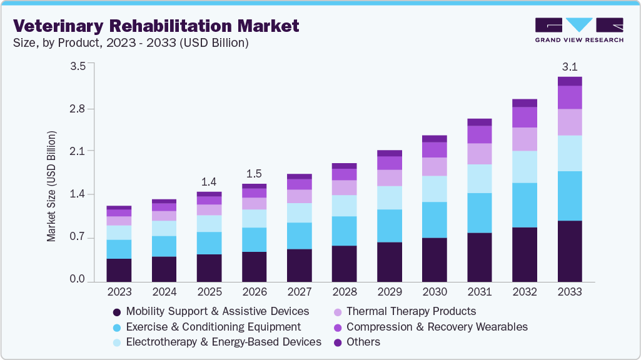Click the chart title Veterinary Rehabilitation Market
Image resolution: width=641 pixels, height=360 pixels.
click(x=156, y=26)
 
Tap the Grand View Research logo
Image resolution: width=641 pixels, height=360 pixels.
click(x=578, y=30)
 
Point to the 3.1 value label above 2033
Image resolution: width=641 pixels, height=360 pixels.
click(x=570, y=67)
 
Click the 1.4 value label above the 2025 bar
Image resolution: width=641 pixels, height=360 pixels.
click(x=209, y=182)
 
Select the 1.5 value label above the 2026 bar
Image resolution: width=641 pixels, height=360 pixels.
click(x=254, y=174)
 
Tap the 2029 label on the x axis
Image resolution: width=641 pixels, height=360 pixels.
click(x=390, y=292)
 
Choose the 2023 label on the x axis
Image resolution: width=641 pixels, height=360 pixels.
click(x=119, y=292)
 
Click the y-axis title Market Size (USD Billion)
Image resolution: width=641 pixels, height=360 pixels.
click(x=51, y=186)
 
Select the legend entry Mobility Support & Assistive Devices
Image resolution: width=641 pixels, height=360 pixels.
click(x=217, y=311)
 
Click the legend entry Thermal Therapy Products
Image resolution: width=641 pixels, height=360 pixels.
click(x=411, y=311)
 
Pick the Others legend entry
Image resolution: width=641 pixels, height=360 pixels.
click(x=363, y=342)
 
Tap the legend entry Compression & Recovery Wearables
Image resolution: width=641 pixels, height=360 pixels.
click(x=437, y=327)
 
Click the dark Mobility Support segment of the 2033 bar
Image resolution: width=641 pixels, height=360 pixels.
click(x=570, y=251)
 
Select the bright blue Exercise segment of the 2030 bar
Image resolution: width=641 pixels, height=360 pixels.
click(x=435, y=219)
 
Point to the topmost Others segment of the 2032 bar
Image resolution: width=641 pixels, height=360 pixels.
click(x=525, y=103)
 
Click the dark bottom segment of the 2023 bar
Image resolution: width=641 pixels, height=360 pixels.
click(x=119, y=270)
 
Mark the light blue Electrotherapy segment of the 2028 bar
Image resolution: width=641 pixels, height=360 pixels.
click(x=345, y=206)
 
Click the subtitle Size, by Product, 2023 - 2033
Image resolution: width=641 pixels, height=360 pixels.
click(x=131, y=43)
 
